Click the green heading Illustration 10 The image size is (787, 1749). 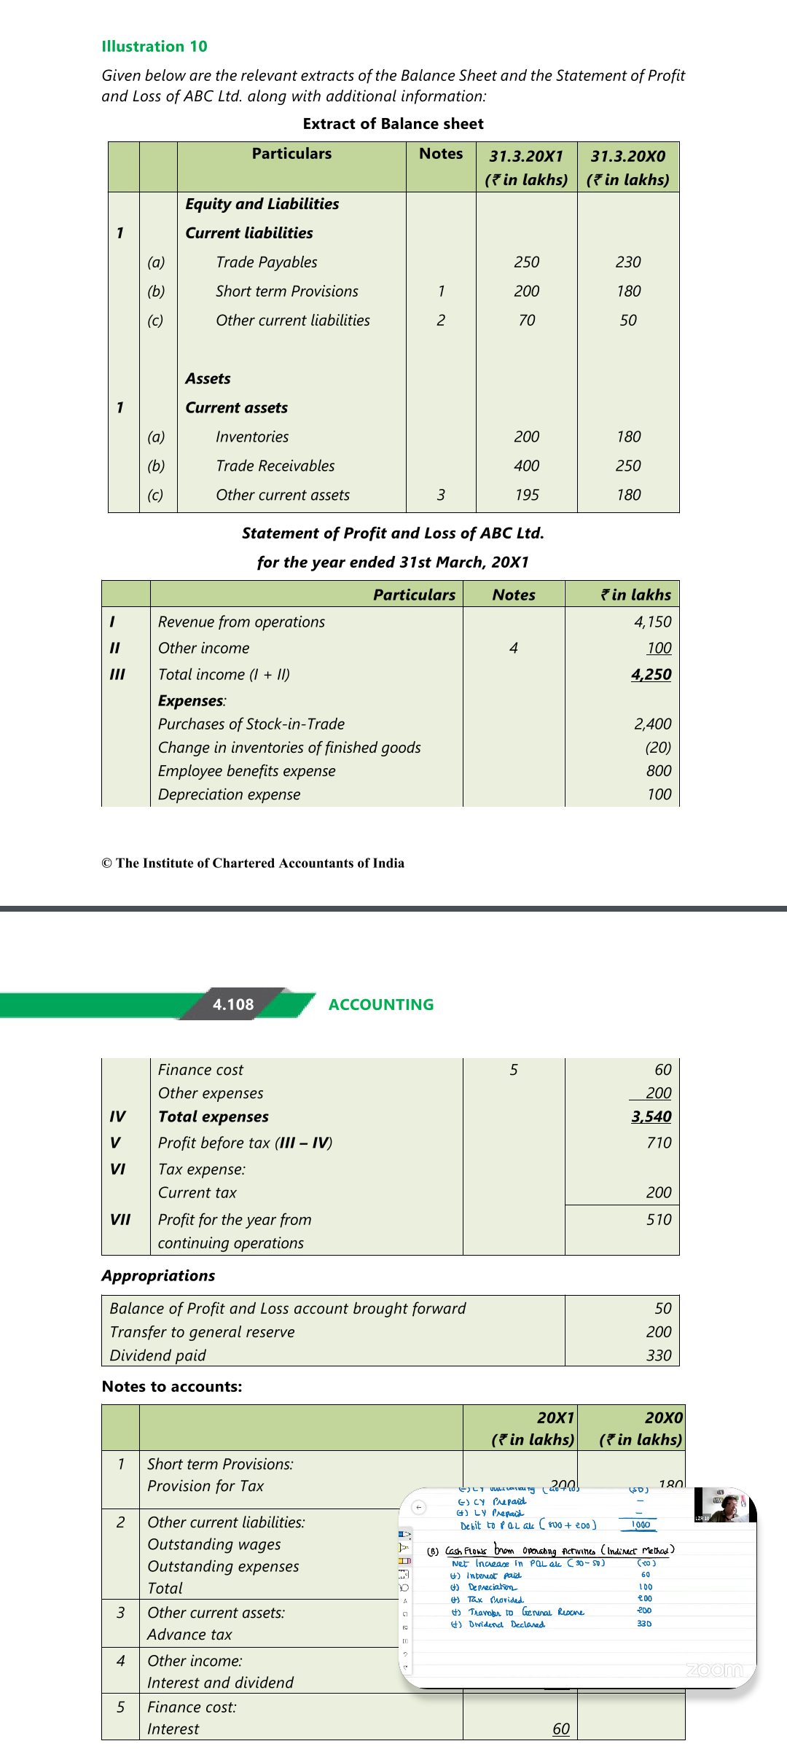154,47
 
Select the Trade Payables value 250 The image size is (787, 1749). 526,262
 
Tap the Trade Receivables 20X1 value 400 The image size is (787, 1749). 526,466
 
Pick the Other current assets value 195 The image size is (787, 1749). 526,496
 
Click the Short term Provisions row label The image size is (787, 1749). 286,291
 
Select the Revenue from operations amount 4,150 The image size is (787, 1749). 652,622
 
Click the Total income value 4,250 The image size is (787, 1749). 651,675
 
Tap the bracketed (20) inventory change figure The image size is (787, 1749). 657,748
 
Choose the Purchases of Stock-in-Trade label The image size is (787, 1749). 251,724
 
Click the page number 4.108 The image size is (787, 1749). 233,1005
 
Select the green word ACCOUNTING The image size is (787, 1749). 380,1005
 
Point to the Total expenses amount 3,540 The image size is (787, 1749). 651,1117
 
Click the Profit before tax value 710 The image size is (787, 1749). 659,1143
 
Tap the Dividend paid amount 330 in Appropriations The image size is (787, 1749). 659,1355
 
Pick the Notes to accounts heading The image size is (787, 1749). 172,1387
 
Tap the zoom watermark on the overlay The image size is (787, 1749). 714,1670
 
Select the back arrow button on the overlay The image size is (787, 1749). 419,1507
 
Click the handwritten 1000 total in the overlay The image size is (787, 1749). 641,1525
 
